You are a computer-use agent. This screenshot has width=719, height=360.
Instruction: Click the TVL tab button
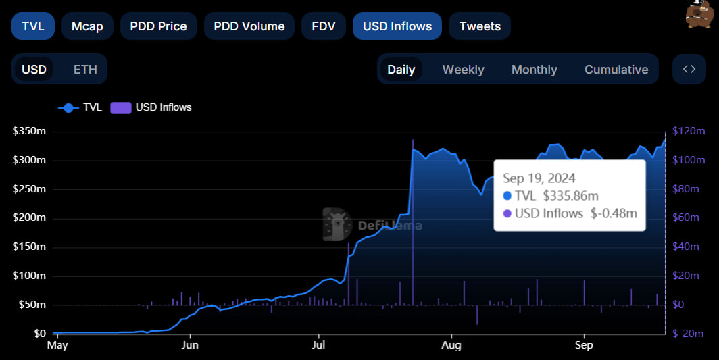point(33,26)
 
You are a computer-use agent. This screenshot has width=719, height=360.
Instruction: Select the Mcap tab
point(87,26)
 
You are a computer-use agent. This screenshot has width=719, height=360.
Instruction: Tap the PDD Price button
point(158,26)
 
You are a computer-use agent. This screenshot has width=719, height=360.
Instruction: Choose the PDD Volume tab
point(249,26)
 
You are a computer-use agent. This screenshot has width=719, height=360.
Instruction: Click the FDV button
point(323,26)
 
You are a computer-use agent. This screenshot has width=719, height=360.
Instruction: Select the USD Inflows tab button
point(397,26)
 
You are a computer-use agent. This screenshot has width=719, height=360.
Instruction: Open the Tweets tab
point(479,26)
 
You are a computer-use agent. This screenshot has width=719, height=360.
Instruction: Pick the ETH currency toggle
point(85,70)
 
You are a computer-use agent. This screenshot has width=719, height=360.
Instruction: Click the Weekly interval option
point(463,70)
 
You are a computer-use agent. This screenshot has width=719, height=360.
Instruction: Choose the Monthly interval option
point(534,70)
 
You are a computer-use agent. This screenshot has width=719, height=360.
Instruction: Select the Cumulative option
point(616,70)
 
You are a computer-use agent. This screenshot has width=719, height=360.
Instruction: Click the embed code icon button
point(689,69)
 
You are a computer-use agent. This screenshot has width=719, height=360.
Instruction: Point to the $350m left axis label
point(29,131)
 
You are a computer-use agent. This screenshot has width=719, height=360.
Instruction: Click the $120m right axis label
point(689,131)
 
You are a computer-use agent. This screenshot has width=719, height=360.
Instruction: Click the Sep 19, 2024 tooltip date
point(539,178)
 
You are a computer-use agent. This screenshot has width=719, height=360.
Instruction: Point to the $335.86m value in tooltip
point(570,196)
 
